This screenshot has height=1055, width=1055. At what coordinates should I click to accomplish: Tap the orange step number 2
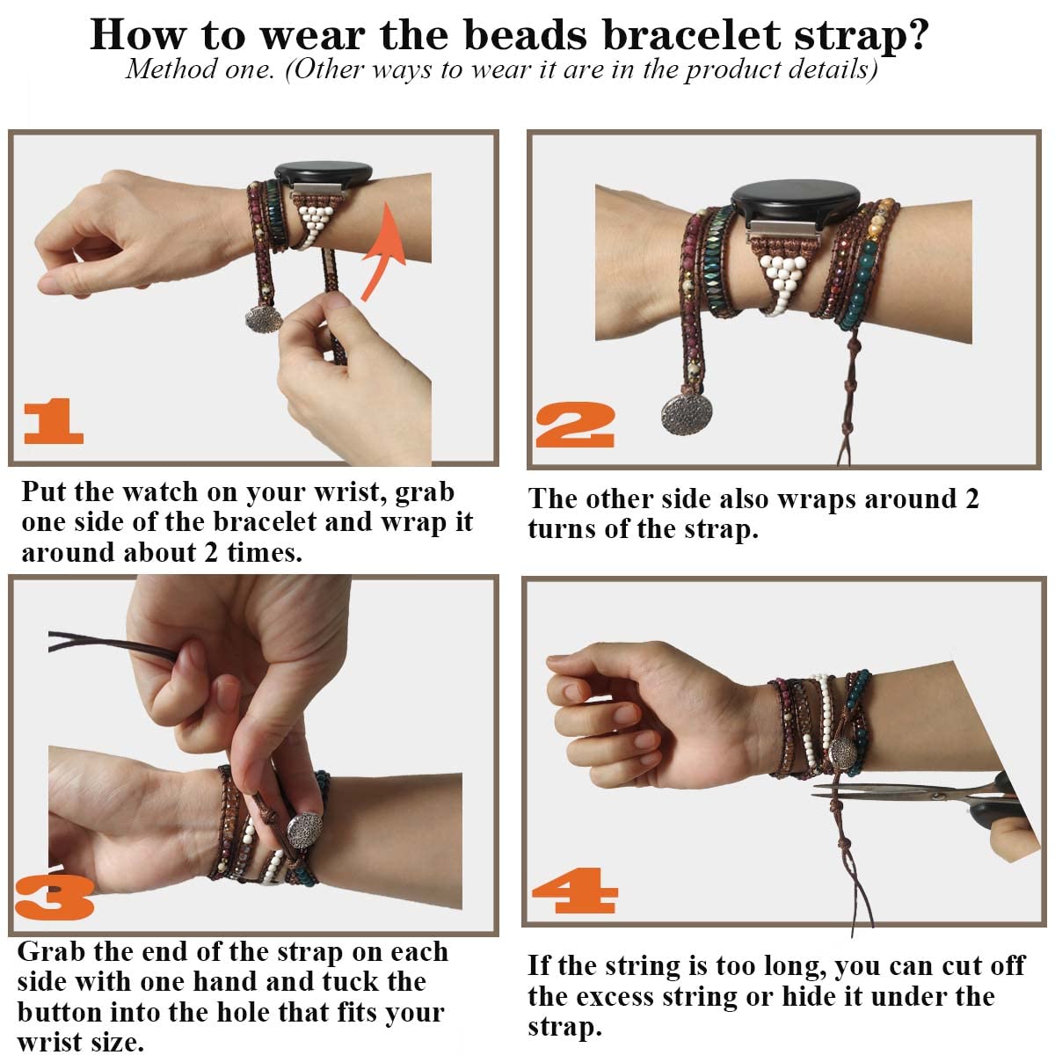point(575,425)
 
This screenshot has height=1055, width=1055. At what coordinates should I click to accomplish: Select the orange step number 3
point(55,898)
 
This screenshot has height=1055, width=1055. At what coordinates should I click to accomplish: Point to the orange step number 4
point(575,891)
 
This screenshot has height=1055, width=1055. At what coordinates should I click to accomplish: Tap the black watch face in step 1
point(324,175)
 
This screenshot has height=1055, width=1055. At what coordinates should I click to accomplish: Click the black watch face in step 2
point(796,201)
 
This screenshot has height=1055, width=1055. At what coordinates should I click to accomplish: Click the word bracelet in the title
point(691,35)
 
